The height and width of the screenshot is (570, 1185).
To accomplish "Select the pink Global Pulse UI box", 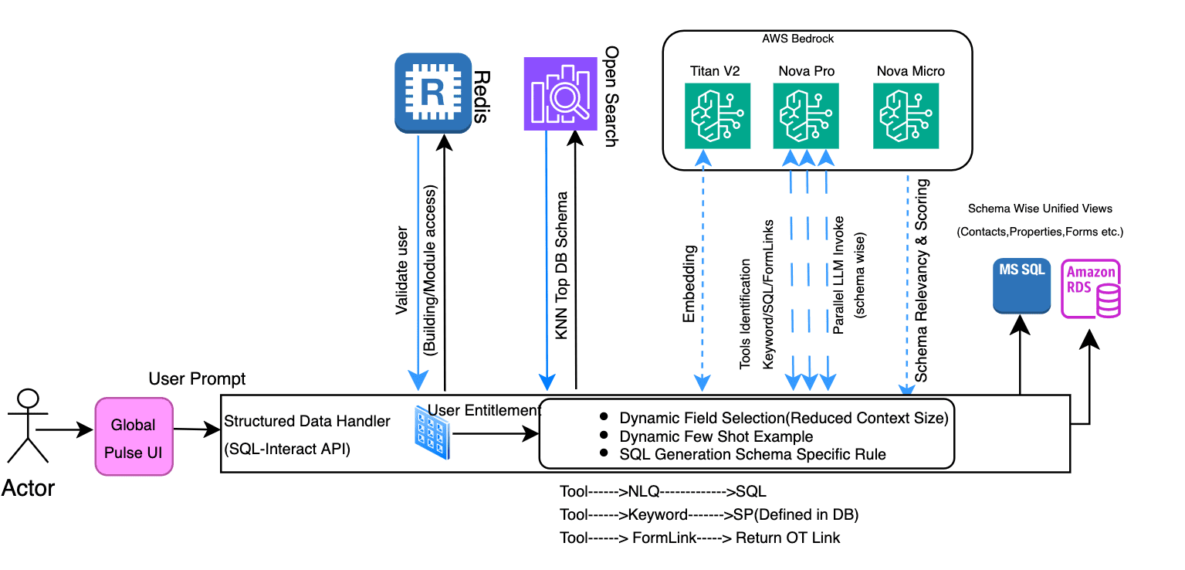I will point(134,436).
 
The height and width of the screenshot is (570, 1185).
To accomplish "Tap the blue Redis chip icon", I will point(432,93).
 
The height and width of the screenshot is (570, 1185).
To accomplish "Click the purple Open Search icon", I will point(561,93).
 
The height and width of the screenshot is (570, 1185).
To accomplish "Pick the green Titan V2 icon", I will point(717,116).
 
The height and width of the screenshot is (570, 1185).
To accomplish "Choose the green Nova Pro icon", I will point(806,116).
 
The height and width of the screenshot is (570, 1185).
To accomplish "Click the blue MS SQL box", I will point(1021,286).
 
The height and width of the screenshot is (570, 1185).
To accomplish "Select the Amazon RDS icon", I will point(1091,290).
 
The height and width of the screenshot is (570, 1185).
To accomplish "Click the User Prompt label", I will point(197,378).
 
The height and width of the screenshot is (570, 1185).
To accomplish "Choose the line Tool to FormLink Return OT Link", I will point(699,538).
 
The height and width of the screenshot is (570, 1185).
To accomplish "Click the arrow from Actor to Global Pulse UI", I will point(65,429).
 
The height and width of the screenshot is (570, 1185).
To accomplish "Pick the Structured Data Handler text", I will point(306,421).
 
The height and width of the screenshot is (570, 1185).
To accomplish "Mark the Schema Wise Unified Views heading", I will point(1040,209).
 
